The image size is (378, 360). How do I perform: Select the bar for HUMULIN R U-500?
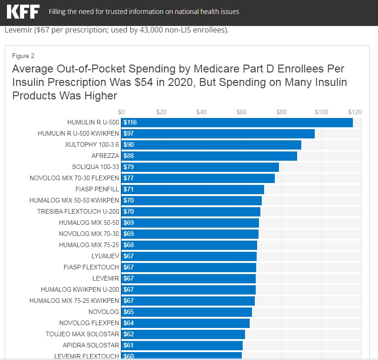coord(237,123)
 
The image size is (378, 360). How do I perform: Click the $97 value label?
coord(129,134)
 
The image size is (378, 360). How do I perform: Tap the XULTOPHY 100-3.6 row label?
coord(92,145)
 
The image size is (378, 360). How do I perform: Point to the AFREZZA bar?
coord(209,156)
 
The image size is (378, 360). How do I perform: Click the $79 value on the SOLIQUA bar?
coord(129,167)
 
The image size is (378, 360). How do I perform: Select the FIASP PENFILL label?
coord(97,190)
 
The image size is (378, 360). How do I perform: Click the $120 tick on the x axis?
coord(355,112)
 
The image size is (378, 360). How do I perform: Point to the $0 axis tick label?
coord(121,112)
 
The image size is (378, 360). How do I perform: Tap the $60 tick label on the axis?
coord(241,112)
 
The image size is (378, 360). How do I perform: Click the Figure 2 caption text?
coord(23,56)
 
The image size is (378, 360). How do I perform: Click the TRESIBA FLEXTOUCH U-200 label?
coord(78,212)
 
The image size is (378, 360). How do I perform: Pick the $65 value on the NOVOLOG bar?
coord(129,312)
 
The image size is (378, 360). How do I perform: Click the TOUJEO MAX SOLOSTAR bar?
coord(184,334)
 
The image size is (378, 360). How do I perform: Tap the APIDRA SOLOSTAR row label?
coord(91,346)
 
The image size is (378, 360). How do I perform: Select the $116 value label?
coord(130,123)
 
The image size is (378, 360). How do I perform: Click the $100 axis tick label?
coord(322,112)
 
